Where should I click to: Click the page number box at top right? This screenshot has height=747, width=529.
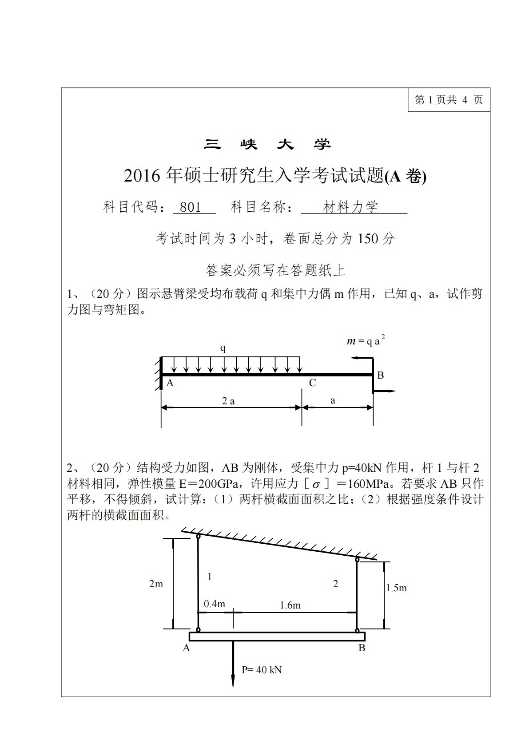coord(448,99)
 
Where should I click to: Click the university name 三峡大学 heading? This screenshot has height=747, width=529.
coord(267,144)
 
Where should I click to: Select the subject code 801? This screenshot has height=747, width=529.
coord(191,207)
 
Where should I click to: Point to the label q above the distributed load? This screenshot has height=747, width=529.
coord(223,348)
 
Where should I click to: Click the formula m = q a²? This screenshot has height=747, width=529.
coord(366,340)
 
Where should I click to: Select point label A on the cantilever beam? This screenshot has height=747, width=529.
coord(170,383)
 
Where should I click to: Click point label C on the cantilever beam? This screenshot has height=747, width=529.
coord(312,383)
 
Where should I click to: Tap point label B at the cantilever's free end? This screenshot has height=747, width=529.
coord(380,375)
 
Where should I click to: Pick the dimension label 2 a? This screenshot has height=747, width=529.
coord(228,401)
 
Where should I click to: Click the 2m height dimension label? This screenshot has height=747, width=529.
coord(156,584)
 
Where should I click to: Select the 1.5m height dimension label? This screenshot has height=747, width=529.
coord(396,588)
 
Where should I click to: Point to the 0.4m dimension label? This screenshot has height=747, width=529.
coord(215,604)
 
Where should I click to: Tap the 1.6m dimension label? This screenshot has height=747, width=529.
coord(290,605)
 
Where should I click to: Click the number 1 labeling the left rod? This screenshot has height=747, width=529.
coord(210,577)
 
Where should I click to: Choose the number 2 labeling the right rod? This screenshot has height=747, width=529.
coord(335,584)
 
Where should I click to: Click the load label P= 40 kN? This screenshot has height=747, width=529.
coord(262,670)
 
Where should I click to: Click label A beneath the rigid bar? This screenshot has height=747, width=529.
coord(186,648)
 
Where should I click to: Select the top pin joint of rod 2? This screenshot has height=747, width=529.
coord(357,560)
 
